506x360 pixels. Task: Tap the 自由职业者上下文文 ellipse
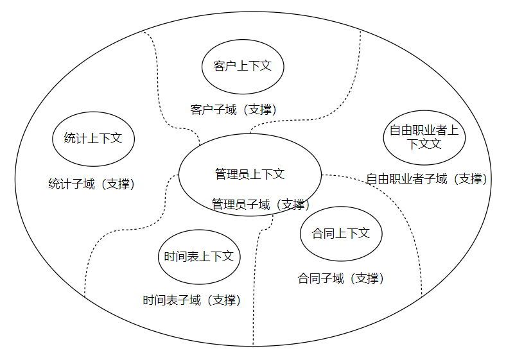[x=424, y=137]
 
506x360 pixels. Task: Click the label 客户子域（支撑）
[x=234, y=110]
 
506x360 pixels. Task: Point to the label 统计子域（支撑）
[x=92, y=184]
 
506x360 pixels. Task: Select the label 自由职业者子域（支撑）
[x=426, y=179]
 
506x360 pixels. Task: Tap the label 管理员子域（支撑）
[x=261, y=205]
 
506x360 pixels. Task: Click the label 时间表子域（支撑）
[x=192, y=300]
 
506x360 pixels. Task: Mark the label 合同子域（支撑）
[x=341, y=279]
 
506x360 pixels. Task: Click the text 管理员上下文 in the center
[x=249, y=174]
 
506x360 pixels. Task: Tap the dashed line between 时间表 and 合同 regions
[x=256, y=289]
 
